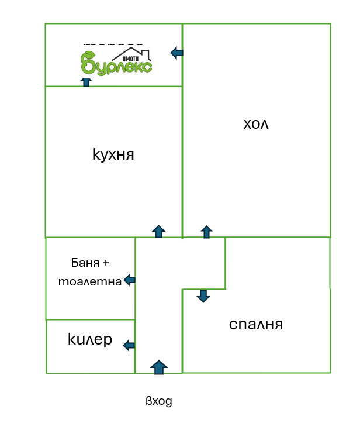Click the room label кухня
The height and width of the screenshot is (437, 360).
113,154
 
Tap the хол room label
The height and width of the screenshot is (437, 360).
256,124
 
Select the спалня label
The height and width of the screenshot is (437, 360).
256,324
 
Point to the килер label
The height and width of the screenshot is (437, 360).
90,340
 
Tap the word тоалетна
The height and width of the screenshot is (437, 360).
90,281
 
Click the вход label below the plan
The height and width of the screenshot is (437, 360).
159,401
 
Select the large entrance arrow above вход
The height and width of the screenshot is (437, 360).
158,367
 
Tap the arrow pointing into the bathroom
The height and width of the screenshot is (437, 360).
130,281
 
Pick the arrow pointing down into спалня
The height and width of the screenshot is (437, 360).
203,295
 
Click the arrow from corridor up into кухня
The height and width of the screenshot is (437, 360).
158,230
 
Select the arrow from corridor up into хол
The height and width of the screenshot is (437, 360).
206,231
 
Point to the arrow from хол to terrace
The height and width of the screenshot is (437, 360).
176,53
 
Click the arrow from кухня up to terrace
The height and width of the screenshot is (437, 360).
86,82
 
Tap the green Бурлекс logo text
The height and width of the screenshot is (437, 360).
117,64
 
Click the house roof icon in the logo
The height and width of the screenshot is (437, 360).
140,54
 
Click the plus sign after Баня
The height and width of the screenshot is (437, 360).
105,262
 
